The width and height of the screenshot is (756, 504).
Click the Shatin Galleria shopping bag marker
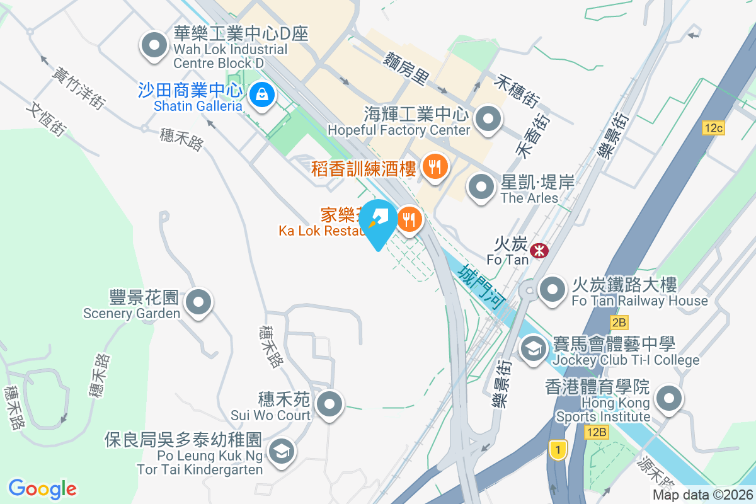tap(261, 96)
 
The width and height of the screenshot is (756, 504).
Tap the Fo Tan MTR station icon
tap(539, 251)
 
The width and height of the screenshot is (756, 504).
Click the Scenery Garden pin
tap(200, 302)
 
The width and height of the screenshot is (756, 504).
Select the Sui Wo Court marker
tap(329, 404)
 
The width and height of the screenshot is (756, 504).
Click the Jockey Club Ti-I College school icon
tap(533, 348)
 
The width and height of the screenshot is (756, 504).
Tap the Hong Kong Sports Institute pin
tap(669, 399)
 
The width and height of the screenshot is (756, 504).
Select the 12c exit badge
tap(714, 128)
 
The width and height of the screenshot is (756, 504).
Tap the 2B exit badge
tap(619, 323)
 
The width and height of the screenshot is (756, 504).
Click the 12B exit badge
tap(595, 432)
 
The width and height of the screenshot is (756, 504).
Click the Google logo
tap(43, 488)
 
